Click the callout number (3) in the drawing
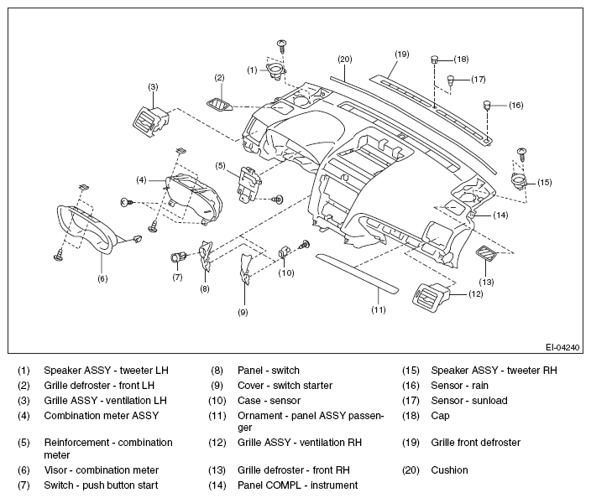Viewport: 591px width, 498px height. click(x=153, y=87)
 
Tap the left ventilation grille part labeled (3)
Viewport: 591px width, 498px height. click(x=151, y=121)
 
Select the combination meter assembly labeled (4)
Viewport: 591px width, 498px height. click(x=194, y=200)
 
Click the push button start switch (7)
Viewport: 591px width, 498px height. click(x=178, y=258)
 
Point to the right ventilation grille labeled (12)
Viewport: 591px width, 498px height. click(x=431, y=294)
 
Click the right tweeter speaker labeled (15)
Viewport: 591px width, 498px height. click(x=519, y=179)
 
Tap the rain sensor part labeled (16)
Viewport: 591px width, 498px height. click(x=488, y=105)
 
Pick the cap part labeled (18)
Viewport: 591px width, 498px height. click(x=435, y=59)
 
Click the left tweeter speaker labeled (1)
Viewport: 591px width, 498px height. click(x=276, y=70)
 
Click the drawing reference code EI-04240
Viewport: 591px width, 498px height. click(x=562, y=347)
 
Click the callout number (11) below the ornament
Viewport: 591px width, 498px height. click(x=379, y=310)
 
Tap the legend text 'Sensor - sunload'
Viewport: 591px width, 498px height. click(x=469, y=401)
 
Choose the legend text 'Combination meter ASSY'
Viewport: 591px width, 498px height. click(x=102, y=416)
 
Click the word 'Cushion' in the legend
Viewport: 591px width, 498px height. click(x=449, y=470)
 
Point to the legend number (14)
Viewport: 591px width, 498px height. click(x=217, y=485)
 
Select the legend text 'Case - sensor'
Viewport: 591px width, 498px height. click(x=269, y=401)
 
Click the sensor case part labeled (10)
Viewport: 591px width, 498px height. click(x=285, y=251)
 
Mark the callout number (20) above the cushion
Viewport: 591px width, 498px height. click(x=345, y=60)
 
